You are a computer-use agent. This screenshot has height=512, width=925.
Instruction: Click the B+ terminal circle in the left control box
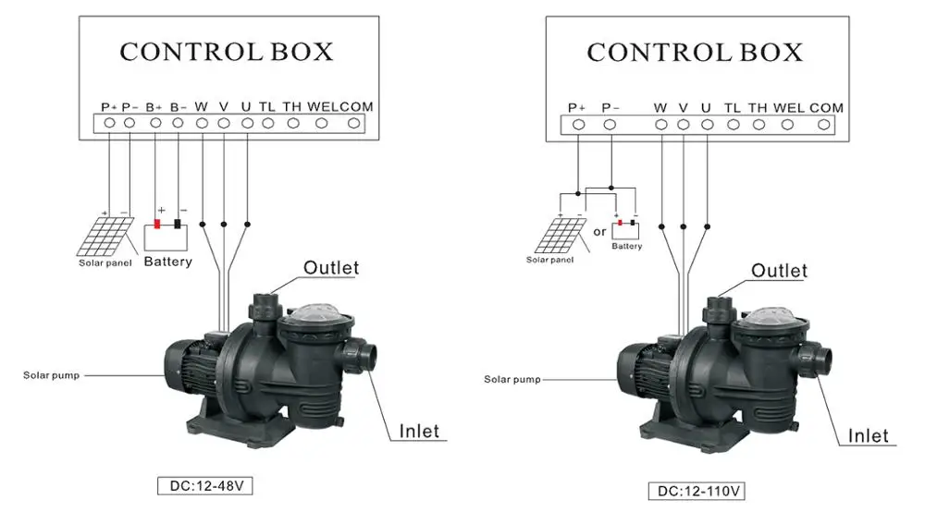pyautogui.click(x=155, y=122)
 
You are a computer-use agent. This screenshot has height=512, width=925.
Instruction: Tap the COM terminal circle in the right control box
pyautogui.click(x=825, y=124)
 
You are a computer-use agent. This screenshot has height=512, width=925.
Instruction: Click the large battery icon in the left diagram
pyautogui.click(x=167, y=237)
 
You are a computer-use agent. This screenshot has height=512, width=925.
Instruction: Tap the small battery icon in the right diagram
pyautogui.click(x=626, y=226)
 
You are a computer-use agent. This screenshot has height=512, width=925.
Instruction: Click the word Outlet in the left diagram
pyautogui.click(x=331, y=268)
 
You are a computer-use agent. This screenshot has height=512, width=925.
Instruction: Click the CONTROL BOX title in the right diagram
pyautogui.click(x=695, y=53)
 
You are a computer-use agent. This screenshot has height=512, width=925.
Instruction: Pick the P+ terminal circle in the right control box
pyautogui.click(x=578, y=124)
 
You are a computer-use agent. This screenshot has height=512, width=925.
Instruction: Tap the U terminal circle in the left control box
pyautogui.click(x=246, y=122)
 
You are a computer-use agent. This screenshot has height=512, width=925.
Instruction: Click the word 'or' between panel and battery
pyautogui.click(x=599, y=231)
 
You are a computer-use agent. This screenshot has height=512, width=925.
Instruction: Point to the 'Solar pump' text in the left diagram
pyautogui.click(x=53, y=375)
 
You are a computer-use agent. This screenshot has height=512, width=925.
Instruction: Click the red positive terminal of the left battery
pyautogui.click(x=157, y=223)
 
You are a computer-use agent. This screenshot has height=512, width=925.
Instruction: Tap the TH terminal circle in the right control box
pyautogui.click(x=758, y=124)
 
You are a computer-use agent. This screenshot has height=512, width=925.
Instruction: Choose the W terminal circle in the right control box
pyautogui.click(x=660, y=124)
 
